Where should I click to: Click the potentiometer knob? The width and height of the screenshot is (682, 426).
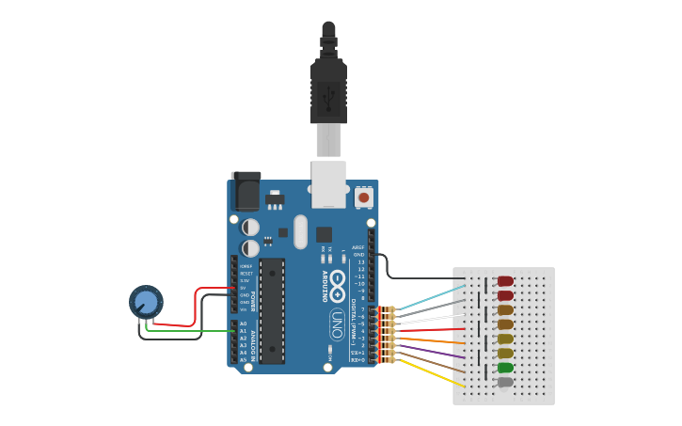(146, 302)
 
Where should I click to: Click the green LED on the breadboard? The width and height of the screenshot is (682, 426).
(505, 368)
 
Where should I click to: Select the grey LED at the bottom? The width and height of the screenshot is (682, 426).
(505, 382)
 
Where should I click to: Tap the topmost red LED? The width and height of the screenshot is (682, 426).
(505, 281)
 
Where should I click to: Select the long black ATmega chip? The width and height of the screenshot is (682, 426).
(272, 310)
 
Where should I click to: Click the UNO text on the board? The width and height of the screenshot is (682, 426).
(336, 325)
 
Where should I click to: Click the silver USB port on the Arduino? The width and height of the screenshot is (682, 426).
(328, 184)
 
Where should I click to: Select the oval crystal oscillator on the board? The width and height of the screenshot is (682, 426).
(300, 231)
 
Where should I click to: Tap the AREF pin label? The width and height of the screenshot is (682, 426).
(357, 248)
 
